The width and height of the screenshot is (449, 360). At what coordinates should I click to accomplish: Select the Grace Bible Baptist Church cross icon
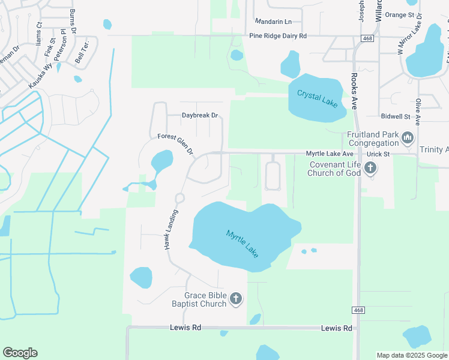pos(236,299)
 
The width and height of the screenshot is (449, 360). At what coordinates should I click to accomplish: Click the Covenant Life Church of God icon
pos(370,168)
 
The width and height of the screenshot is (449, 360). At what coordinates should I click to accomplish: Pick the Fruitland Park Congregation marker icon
pos(408,139)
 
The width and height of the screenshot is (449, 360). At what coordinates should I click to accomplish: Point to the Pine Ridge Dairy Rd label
pos(277,36)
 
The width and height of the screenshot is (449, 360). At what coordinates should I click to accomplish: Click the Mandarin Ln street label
pos(273,20)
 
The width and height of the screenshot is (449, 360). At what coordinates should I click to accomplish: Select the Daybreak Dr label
pos(199,115)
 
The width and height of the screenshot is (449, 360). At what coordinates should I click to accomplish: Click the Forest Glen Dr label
pos(175,145)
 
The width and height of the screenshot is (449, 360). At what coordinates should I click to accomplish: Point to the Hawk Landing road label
pos(171,230)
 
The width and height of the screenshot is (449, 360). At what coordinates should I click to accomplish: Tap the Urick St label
pos(378,154)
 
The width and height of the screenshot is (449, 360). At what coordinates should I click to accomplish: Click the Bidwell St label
pos(395,116)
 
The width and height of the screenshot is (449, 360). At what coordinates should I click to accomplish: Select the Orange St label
pos(400,14)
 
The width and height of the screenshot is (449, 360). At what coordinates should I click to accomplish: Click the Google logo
pos(20,353)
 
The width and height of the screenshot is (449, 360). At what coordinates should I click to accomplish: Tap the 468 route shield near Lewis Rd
pos(358,310)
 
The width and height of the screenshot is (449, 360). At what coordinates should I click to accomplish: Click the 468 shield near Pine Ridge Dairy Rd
pos(366,38)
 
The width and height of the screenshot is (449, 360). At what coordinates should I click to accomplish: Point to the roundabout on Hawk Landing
pos(179,198)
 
